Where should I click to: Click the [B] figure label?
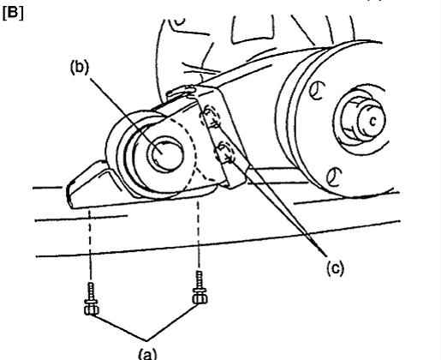tap(13, 13)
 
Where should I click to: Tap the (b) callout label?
tap(80, 69)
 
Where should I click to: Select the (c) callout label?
tap(336, 268)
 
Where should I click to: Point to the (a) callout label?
tap(147, 355)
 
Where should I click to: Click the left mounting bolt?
tap(92, 299)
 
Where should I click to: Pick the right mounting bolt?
tap(200, 287)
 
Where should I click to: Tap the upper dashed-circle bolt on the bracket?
tap(211, 117)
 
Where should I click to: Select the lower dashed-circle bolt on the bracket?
tap(225, 153)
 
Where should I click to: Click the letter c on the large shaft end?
tap(372, 121)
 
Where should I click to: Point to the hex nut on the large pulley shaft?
tap(353, 119)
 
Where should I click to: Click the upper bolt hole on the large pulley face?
tap(317, 91)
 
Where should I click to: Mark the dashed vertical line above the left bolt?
tap(90, 245)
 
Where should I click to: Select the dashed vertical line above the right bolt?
tap(199, 235)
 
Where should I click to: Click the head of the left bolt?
tap(92, 310)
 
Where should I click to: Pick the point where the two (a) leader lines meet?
tap(146, 340)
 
